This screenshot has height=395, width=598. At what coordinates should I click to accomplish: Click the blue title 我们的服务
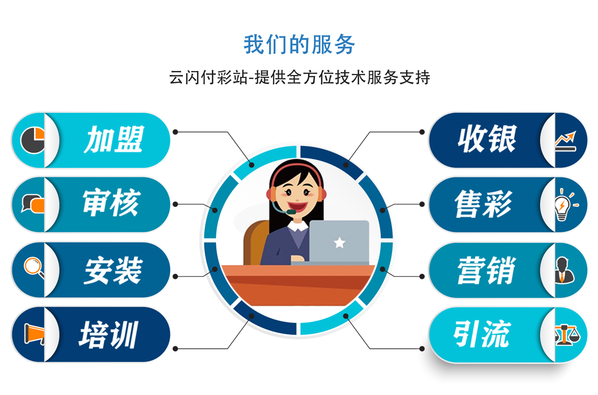[x=299, y=44]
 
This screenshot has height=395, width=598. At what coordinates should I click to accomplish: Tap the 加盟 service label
[x=114, y=139]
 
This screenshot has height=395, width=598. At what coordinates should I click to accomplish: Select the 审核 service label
[x=112, y=203]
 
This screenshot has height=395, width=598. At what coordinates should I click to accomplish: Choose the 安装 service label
[x=113, y=270]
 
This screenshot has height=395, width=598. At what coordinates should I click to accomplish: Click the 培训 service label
[x=109, y=335]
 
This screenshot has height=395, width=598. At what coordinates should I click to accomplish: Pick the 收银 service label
[x=487, y=139]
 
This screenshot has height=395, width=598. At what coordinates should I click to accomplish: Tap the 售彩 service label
[x=484, y=204]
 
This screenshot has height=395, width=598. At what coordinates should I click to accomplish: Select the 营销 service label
[x=486, y=270]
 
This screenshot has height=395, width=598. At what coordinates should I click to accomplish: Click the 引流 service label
[x=482, y=334]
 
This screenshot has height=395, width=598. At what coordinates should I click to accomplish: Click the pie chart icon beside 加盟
[x=33, y=140]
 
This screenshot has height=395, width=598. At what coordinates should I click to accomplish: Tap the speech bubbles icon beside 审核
[x=33, y=204]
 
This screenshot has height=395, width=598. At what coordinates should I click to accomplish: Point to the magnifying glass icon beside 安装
[x=34, y=267]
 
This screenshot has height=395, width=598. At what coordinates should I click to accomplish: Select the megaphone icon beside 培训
[x=34, y=334]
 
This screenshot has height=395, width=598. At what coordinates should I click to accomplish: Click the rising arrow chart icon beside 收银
[x=566, y=141]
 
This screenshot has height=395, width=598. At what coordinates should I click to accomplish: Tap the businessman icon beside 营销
[x=564, y=270]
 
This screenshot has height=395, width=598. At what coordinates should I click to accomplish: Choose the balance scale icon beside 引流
[x=568, y=335]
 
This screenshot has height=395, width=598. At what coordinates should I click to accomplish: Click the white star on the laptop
[x=340, y=242]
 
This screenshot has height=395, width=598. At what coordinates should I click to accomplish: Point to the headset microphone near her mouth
[x=291, y=212]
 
